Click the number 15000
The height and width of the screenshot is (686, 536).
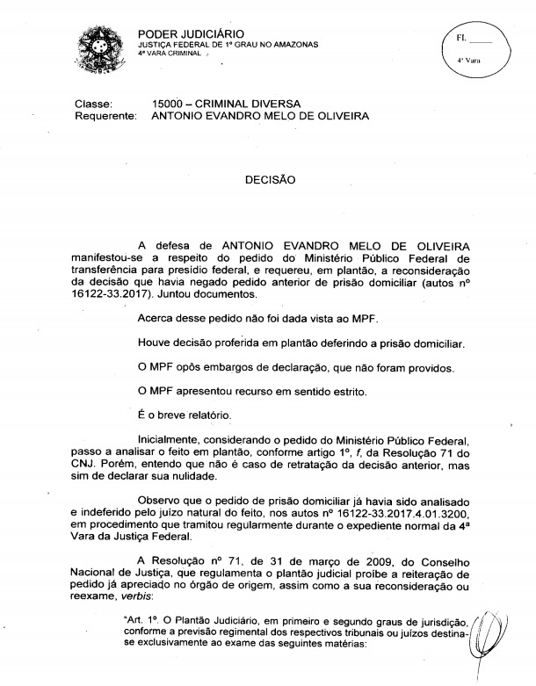[x=169, y=104]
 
